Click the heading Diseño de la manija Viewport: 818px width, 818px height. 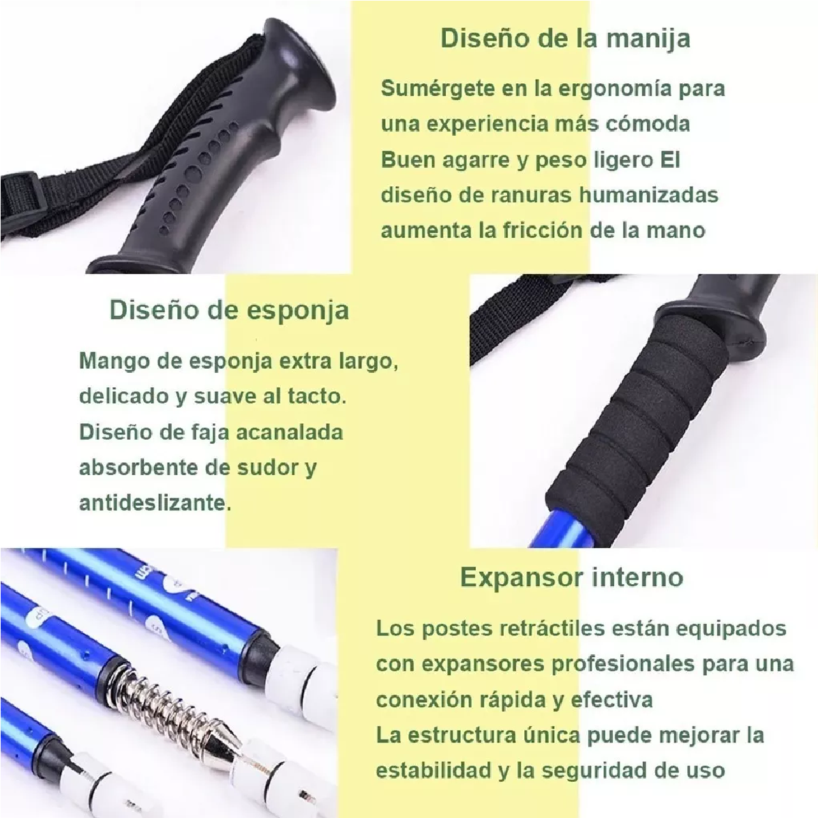pyautogui.click(x=565, y=37)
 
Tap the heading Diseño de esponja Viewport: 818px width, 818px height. pyautogui.click(x=229, y=309)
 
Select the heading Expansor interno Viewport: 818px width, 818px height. pyautogui.click(x=571, y=577)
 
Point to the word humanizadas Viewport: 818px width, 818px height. pyautogui.click(x=648, y=195)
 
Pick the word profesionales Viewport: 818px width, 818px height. pyautogui.click(x=622, y=664)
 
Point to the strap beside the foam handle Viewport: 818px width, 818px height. pyautogui.click(x=518, y=327)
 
